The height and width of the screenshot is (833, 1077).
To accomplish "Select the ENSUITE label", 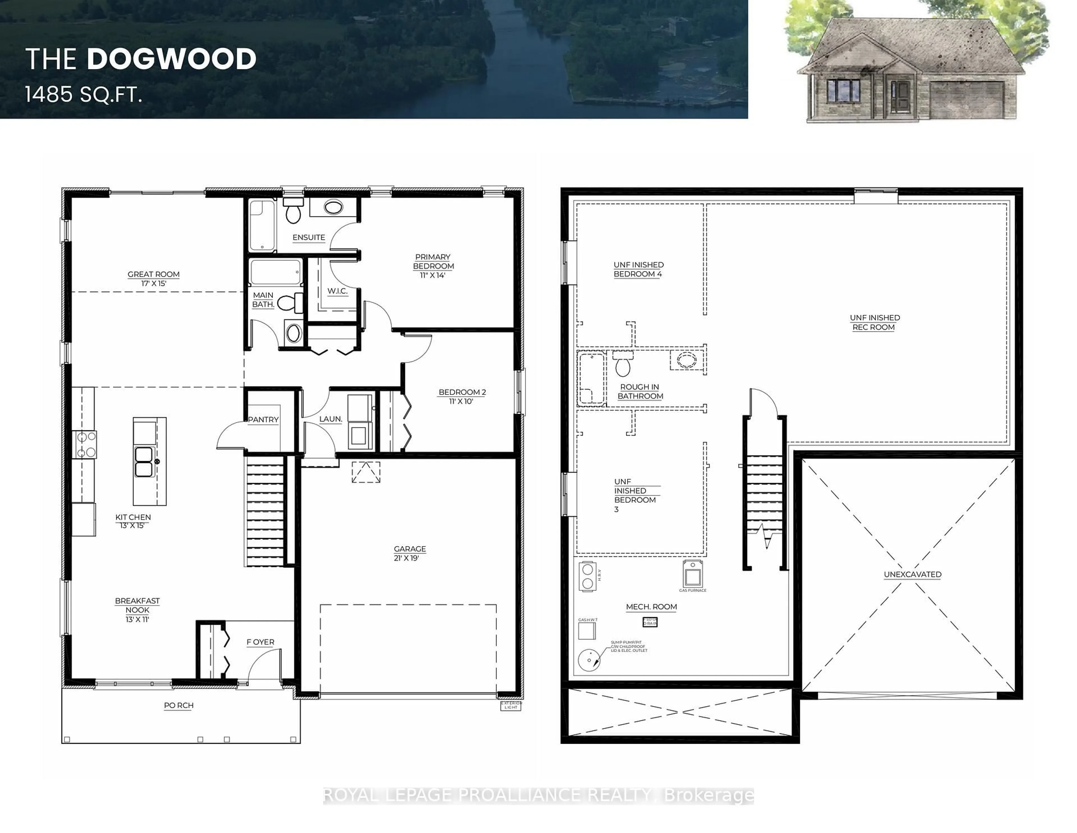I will click(x=309, y=237).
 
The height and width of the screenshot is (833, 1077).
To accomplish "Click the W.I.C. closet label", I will click(x=337, y=291).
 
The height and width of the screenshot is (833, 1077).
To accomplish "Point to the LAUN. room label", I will click(x=330, y=419).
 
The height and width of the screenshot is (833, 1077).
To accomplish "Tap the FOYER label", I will click(x=260, y=642).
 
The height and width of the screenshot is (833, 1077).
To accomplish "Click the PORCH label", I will click(x=178, y=706).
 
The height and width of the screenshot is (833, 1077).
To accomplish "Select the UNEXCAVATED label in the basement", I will click(x=912, y=575).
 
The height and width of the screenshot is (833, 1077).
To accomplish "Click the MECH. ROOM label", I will click(x=651, y=607).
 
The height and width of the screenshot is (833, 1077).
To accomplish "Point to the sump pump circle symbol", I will click(x=589, y=660).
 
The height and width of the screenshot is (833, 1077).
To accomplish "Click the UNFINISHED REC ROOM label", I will click(x=874, y=322).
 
